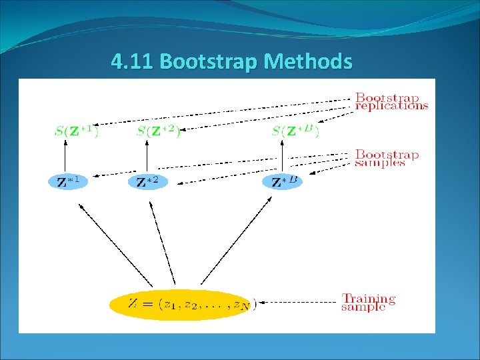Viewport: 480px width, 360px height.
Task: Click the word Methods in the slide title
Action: tap(307, 62)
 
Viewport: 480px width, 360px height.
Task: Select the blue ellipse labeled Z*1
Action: tap(68, 181)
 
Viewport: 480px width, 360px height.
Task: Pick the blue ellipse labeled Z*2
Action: tap(148, 181)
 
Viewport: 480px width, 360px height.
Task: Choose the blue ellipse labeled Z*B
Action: tap(282, 181)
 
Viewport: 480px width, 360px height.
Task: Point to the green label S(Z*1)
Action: tap(76, 131)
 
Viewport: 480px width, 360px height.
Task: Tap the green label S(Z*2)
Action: tap(158, 131)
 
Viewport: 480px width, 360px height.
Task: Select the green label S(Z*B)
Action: tap(295, 131)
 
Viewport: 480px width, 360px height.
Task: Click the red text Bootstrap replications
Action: tap(391, 101)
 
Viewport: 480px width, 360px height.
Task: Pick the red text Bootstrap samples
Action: tap(387, 159)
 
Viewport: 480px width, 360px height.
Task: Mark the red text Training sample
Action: tap(369, 303)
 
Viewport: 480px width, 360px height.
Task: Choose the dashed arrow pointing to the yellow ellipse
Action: tap(297, 303)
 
